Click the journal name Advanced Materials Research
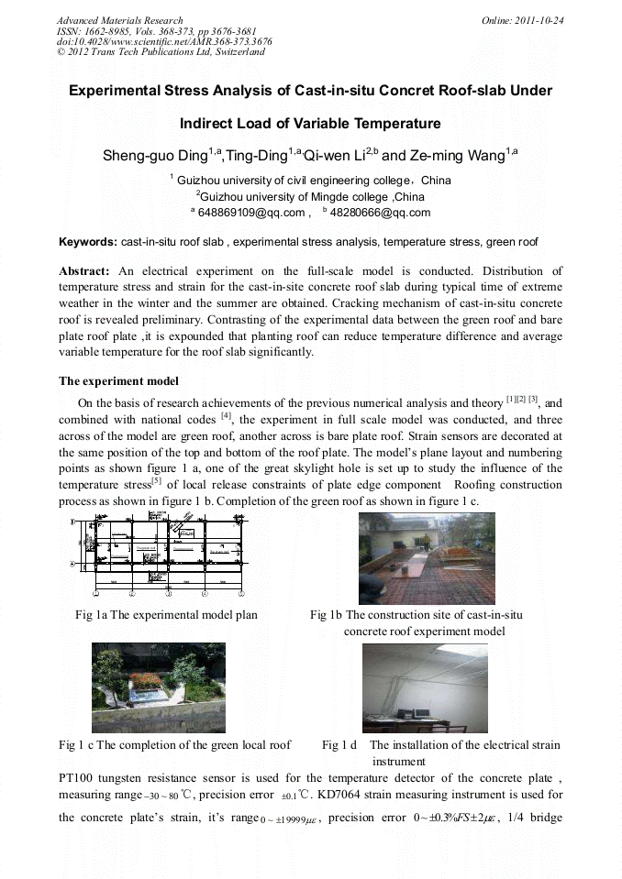point(119,20)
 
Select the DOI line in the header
point(164,42)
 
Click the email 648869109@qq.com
point(251,214)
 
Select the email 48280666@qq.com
point(380,214)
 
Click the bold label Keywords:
point(88,243)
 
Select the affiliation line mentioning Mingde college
point(311,196)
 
